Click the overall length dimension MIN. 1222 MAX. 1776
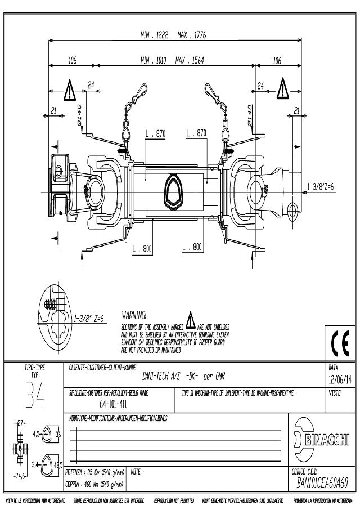(x=173, y=35)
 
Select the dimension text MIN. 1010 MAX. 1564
(x=173, y=61)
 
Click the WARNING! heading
(x=134, y=314)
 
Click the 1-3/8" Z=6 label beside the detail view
(x=92, y=317)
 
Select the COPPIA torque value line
(x=94, y=484)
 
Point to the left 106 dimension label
(x=73, y=61)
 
